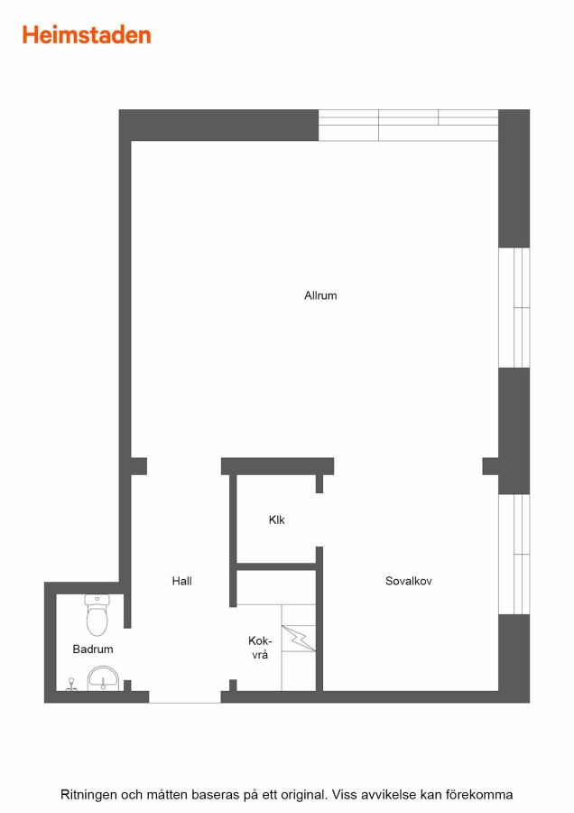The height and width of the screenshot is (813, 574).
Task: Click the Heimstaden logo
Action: point(87,35)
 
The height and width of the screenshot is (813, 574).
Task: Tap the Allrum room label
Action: point(320,295)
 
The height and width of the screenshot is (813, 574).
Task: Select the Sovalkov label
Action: point(408,581)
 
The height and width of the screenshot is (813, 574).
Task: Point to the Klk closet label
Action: point(277,519)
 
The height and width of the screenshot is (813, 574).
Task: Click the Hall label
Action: point(181,581)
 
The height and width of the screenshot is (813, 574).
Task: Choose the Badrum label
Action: point(93,649)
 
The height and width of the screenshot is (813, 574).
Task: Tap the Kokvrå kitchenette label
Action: point(260,648)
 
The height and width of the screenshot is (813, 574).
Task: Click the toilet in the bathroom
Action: point(97,615)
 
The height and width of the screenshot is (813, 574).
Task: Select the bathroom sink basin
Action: point(103,678)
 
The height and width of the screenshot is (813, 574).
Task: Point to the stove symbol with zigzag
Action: point(299,639)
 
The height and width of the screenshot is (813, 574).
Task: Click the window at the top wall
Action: point(408,125)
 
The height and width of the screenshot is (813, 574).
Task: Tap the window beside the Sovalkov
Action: point(514,554)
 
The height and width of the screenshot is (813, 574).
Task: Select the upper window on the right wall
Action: point(514,307)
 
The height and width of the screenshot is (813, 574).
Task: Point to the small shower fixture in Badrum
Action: point(71,685)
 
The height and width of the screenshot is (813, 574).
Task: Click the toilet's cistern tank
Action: point(97,601)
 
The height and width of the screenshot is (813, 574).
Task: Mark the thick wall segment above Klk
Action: point(277,466)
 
